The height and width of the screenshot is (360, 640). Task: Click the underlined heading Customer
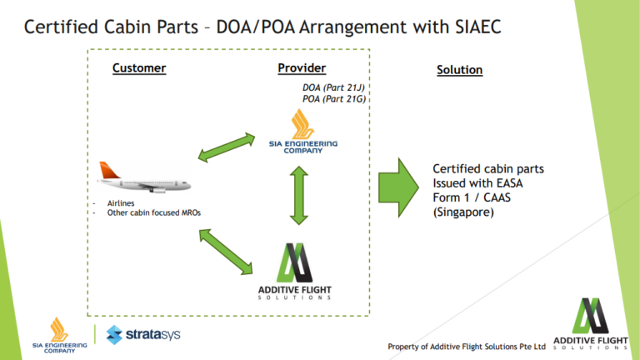pos(139,68)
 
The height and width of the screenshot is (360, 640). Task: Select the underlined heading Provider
pos(302,68)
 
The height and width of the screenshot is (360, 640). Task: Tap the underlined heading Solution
pos(459,70)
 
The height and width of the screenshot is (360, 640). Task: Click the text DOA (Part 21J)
pos(334,87)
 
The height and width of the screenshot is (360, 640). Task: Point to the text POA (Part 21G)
pos(334,98)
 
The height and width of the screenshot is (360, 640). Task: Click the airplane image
pos(142,177)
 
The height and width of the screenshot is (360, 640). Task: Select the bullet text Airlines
pos(122,202)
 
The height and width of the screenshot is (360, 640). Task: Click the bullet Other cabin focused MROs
pos(153,212)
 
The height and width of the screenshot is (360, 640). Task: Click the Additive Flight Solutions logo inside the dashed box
pos(296,271)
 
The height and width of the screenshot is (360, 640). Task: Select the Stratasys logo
pos(142,335)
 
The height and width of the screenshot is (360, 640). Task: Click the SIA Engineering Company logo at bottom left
pos(59,335)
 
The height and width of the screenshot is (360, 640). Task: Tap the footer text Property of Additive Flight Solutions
pos(466,346)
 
